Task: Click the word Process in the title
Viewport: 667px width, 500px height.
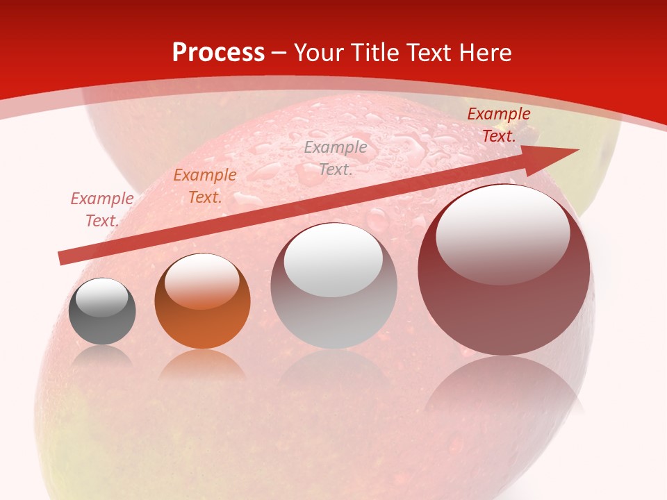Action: click(218, 53)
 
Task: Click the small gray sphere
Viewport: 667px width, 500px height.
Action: click(102, 312)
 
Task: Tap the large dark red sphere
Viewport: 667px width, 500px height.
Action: click(504, 306)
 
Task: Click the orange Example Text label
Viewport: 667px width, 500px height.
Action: click(205, 186)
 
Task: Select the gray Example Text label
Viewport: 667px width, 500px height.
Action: click(336, 158)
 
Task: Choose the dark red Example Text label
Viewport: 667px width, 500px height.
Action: click(499, 125)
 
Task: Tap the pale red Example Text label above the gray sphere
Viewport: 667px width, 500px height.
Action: click(102, 210)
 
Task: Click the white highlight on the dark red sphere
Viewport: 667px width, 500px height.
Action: click(502, 234)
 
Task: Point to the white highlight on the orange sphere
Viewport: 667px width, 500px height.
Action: click(201, 281)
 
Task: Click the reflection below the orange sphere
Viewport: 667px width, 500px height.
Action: click(202, 365)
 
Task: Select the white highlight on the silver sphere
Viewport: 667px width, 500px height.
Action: click(333, 260)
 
